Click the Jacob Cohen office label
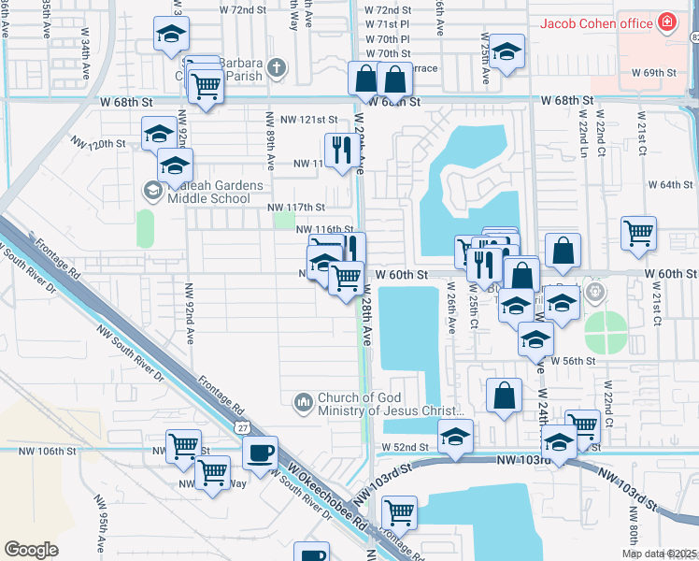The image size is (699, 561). [x=594, y=22]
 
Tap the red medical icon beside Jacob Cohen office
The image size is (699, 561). [x=667, y=22]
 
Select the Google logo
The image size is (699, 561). [x=31, y=550]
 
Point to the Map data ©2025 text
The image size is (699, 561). [x=658, y=554]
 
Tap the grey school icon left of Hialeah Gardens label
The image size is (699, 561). [x=151, y=191]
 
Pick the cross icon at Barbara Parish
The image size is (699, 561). [x=276, y=67]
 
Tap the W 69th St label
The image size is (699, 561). [x=653, y=72]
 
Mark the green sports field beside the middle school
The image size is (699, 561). [x=145, y=228]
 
